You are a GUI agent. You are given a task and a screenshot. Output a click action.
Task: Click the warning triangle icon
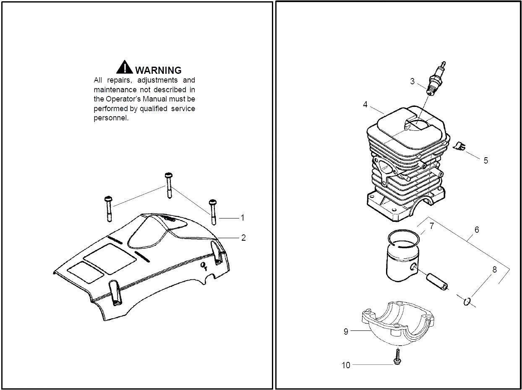(x=125, y=67)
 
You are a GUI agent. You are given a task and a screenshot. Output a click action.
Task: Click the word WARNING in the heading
(x=158, y=70)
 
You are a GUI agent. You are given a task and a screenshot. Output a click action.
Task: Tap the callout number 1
(x=242, y=218)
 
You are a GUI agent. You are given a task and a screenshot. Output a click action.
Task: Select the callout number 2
(x=243, y=238)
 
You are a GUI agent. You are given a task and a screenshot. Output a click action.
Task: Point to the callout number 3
(x=412, y=81)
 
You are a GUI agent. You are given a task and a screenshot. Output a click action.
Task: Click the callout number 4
(x=365, y=104)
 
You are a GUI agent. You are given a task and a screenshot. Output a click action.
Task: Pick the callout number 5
(x=485, y=160)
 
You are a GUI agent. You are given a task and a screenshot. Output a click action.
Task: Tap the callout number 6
(x=476, y=230)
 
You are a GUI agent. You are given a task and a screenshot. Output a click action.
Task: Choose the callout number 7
(x=431, y=226)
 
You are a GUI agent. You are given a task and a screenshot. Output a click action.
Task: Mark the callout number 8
(x=494, y=270)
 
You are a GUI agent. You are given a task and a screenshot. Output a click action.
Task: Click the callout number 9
(x=346, y=331)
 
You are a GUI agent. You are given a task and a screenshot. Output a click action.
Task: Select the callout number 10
(x=346, y=365)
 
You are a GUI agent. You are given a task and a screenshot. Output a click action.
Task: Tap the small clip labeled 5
(x=460, y=146)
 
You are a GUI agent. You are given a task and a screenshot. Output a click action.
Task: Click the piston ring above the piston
(x=404, y=239)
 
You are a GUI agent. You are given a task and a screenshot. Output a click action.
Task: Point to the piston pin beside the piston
(x=437, y=281)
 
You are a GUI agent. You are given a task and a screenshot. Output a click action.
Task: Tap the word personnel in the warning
(x=111, y=118)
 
